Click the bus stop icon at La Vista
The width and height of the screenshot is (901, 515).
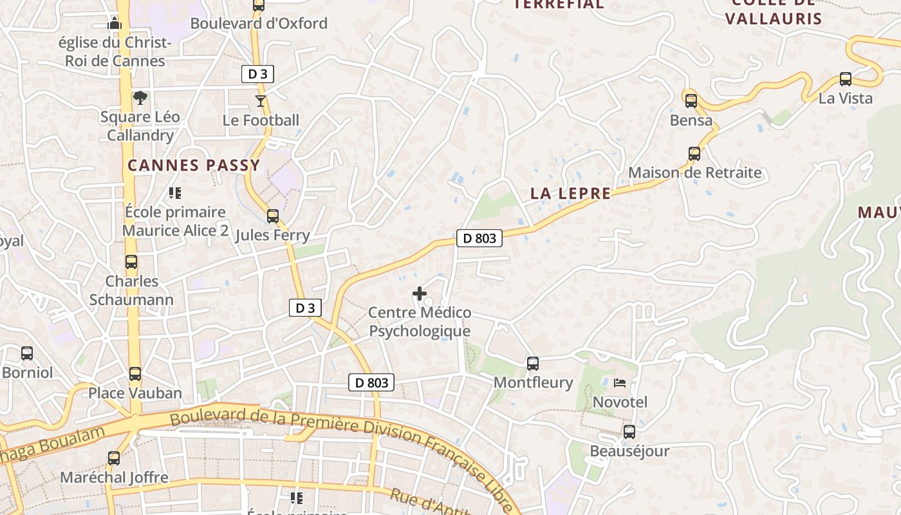pos(846,79)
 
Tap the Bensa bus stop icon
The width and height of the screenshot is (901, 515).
pos(691,101)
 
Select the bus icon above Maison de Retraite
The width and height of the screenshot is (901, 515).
pos(694,154)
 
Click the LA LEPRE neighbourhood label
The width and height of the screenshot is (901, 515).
pos(570,193)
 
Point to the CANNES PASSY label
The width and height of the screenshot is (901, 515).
pos(194,165)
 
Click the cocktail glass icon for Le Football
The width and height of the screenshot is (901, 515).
pos(260,100)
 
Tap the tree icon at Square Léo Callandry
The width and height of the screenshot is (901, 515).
pos(140,98)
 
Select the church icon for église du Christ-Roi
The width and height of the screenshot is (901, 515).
pos(115,24)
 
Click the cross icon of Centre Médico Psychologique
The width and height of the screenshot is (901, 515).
pos(420,294)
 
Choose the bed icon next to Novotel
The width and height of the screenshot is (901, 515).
pos(619,383)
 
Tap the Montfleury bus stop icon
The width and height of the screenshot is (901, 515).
pos(532,363)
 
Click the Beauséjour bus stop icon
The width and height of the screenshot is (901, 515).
pos(629,432)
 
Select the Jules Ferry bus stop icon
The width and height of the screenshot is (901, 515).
pos(273,216)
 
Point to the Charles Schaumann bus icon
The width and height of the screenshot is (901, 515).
pos(131,262)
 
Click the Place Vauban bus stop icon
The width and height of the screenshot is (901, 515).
pos(135,374)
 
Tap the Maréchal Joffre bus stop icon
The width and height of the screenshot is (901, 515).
pos(114,458)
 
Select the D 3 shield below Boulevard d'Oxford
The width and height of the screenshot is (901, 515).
pos(257,74)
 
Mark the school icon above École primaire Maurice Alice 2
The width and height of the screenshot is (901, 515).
pos(174,192)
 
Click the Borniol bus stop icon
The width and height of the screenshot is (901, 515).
pos(26,353)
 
